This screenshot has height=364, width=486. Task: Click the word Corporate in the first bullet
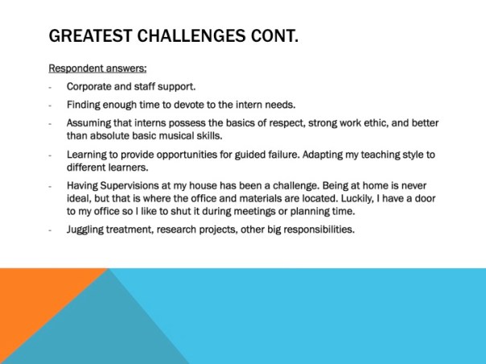point(90,86)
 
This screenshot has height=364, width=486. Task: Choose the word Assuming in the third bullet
point(90,123)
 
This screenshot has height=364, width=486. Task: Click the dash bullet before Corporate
point(51,86)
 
